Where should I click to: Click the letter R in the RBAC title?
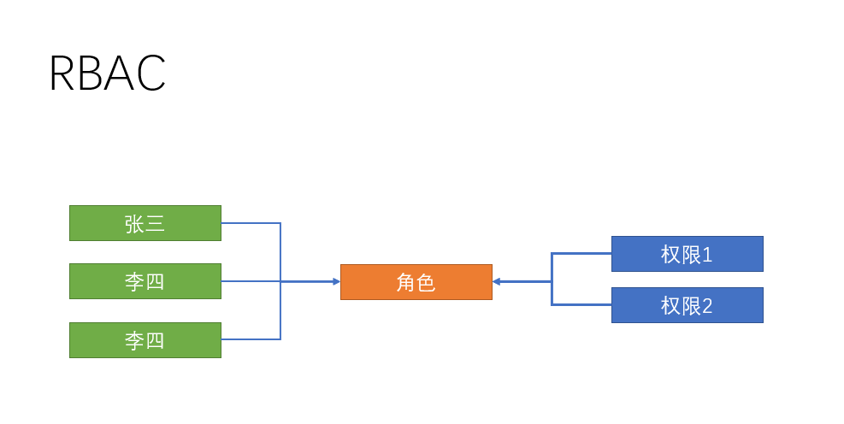[x=62, y=74]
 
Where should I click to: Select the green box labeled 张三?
[x=145, y=223]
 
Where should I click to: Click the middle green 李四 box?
[x=145, y=281]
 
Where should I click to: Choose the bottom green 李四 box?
[x=145, y=340]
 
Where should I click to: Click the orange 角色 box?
[x=416, y=282]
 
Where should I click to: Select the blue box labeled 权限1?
[x=687, y=254]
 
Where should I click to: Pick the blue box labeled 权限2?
[x=687, y=305]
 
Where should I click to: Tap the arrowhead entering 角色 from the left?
[x=336, y=281]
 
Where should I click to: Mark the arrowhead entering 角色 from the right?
[x=497, y=281]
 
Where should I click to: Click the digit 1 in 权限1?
[x=707, y=255]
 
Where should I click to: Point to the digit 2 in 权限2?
[x=707, y=306]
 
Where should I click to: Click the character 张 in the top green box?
[x=134, y=224]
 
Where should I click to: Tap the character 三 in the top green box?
[x=155, y=224]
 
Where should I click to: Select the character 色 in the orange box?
[x=426, y=283]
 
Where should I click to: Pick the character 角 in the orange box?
[x=405, y=283]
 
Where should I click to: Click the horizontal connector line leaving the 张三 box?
[x=251, y=223]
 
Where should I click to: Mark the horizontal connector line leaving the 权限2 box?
[x=581, y=304]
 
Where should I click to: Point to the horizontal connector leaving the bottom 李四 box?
[x=251, y=339]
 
